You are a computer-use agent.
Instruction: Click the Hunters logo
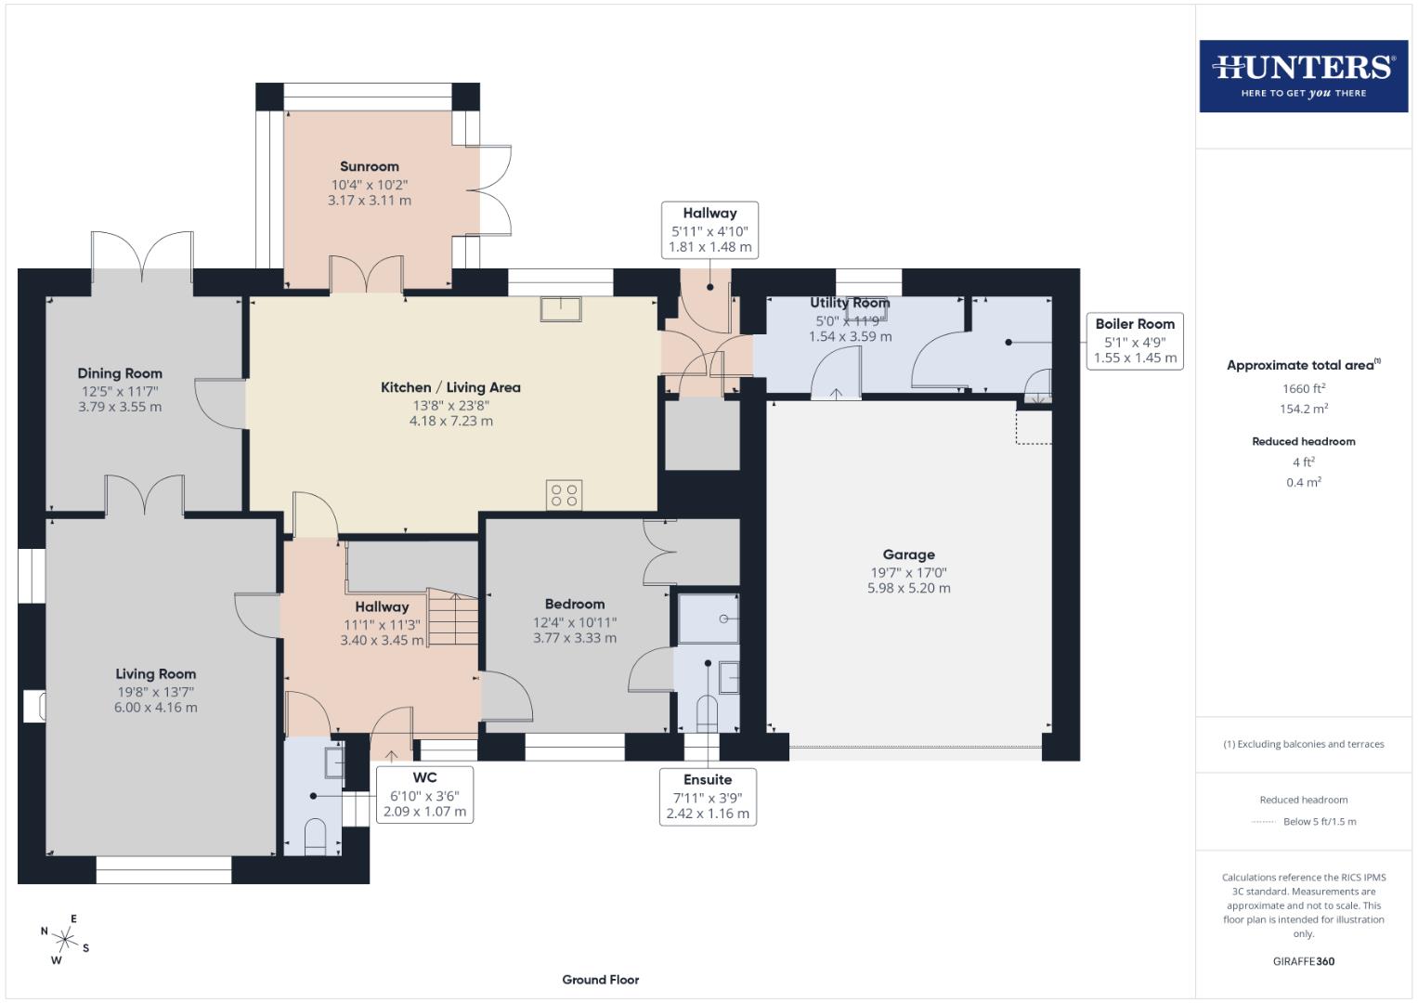click(x=1303, y=75)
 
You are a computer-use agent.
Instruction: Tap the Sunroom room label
click(x=369, y=166)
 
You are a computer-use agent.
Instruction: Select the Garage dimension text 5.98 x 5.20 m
click(x=908, y=588)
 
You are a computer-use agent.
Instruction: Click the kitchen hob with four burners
click(x=564, y=495)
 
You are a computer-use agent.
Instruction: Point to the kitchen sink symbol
click(x=561, y=308)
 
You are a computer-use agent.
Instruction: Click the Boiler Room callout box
click(x=1134, y=341)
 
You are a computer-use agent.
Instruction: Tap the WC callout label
click(x=424, y=795)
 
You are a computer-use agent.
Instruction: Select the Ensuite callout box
click(x=708, y=796)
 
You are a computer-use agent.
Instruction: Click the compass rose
click(x=64, y=939)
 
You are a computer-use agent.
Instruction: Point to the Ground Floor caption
click(x=600, y=979)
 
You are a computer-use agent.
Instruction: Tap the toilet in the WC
click(x=316, y=835)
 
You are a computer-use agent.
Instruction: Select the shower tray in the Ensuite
click(x=708, y=619)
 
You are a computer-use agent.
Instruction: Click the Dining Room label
click(x=120, y=373)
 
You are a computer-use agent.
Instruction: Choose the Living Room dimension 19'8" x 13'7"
click(x=155, y=692)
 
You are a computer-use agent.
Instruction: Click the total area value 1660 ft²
click(x=1303, y=388)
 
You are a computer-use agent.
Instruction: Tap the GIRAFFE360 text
click(x=1303, y=961)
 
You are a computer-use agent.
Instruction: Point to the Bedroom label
click(x=574, y=604)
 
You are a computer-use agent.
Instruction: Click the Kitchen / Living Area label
click(x=450, y=387)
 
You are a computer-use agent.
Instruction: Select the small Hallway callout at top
click(x=709, y=229)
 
